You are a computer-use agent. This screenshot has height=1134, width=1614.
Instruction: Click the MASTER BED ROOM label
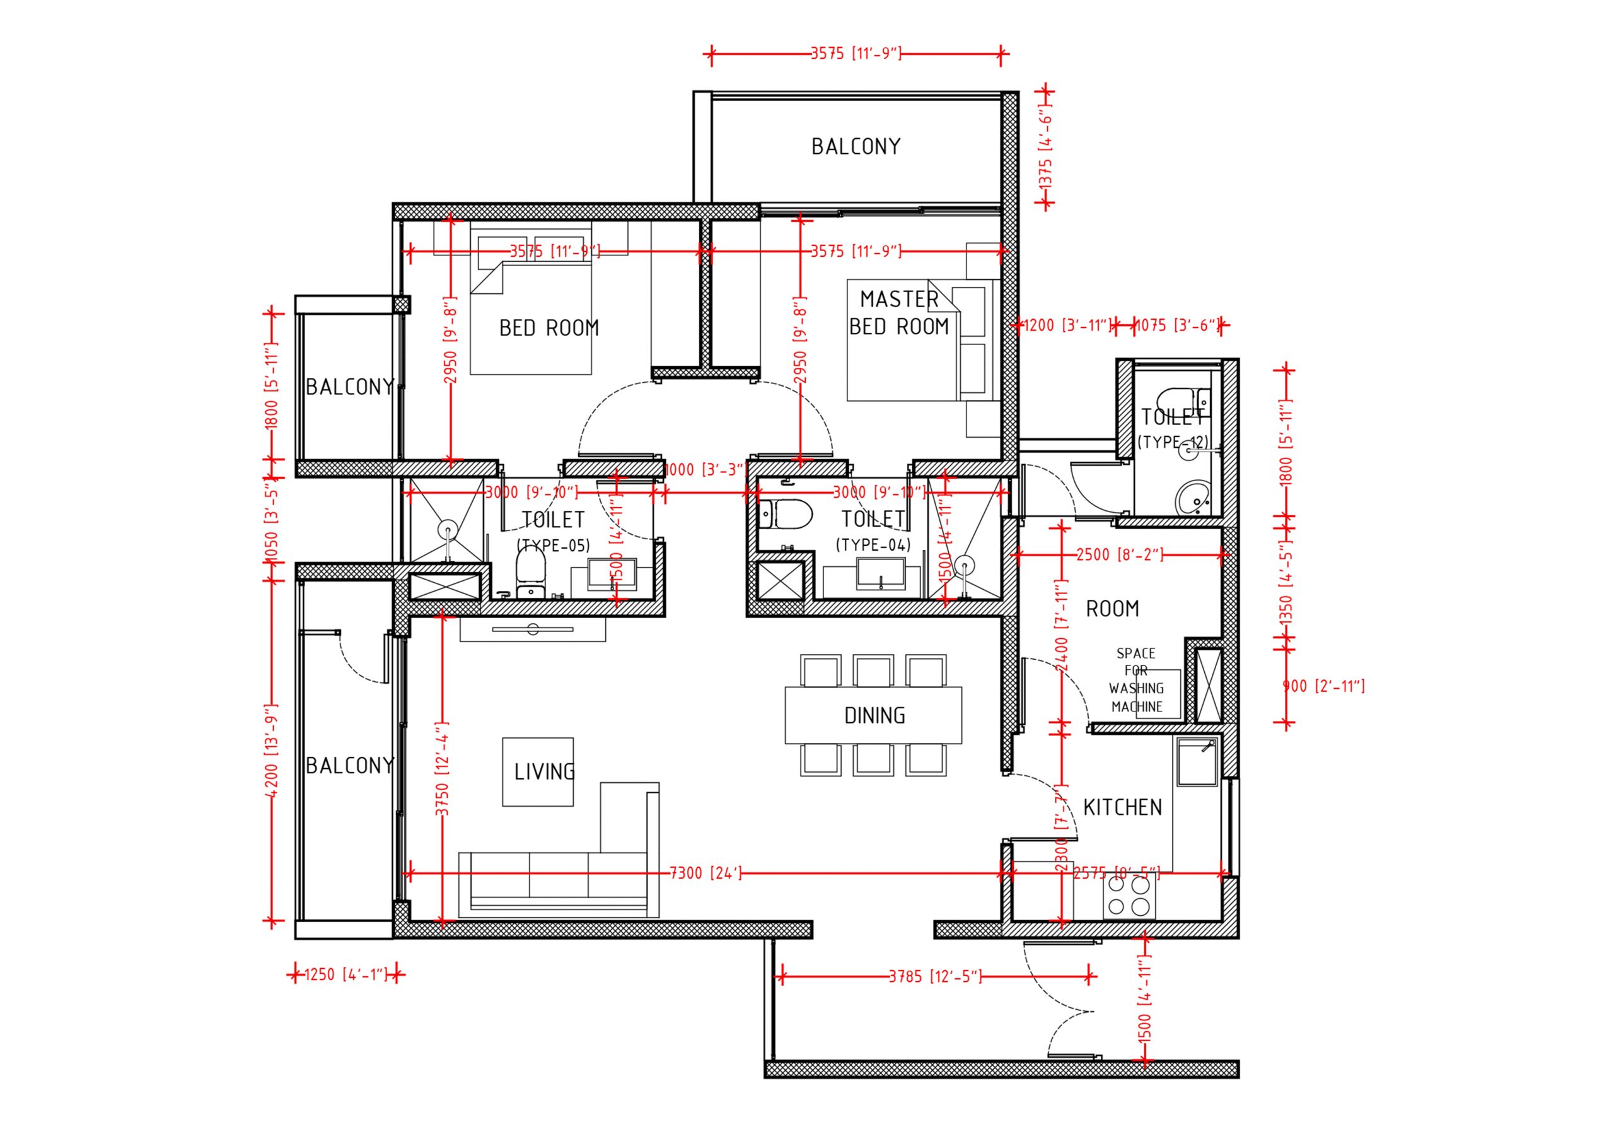899,313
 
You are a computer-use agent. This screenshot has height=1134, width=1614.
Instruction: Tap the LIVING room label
544,772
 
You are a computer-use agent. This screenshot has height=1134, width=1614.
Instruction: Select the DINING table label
874,716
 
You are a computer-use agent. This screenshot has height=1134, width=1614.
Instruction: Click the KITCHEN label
1122,807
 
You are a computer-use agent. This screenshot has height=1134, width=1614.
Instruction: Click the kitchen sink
1197,761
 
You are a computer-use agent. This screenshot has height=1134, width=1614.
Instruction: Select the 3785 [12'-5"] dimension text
935,976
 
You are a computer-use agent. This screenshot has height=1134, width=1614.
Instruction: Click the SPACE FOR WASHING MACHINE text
1137,680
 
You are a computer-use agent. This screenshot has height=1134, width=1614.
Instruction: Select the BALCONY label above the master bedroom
856,146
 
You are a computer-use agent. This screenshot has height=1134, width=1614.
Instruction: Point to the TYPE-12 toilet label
1172,442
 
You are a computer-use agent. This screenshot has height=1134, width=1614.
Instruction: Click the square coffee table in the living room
538,771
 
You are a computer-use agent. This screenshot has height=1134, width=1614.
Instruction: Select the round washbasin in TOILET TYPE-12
1193,498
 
